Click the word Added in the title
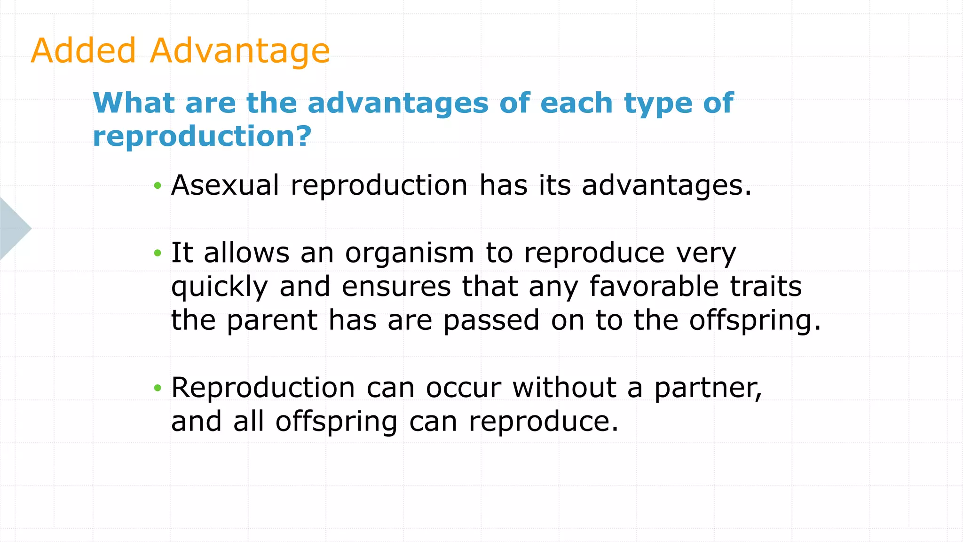click(83, 50)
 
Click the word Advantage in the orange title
click(240, 51)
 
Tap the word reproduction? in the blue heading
click(202, 136)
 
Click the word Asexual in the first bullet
click(225, 185)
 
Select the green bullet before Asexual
click(158, 186)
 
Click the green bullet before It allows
click(158, 254)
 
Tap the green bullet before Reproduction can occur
click(158, 388)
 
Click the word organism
click(410, 254)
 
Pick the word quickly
click(219, 287)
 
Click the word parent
click(272, 321)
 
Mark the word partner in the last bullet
click(708, 389)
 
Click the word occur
click(463, 389)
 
